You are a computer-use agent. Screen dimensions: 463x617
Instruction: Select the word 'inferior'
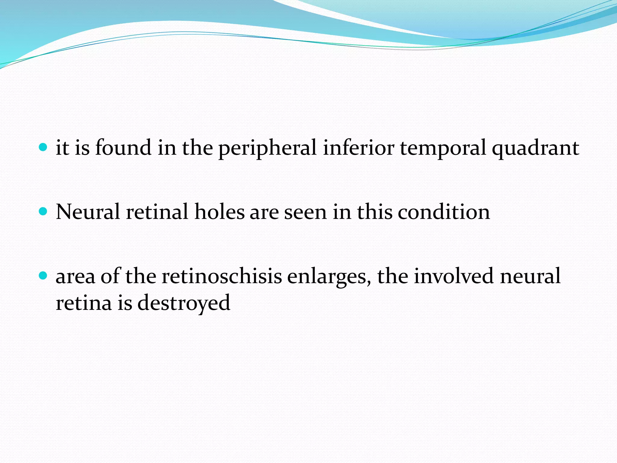[x=359, y=148]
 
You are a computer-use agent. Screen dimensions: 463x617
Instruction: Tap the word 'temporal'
[x=443, y=148]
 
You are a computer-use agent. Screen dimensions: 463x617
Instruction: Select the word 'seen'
[x=305, y=212]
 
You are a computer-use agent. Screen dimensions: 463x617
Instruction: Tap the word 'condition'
[x=444, y=212]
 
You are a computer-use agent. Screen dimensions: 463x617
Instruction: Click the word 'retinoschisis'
[x=222, y=276]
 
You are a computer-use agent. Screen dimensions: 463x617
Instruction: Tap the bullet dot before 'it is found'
[x=43, y=147]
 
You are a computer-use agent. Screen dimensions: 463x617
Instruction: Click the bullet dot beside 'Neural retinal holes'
[x=43, y=211]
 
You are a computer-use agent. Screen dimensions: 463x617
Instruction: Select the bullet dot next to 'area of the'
[x=43, y=276]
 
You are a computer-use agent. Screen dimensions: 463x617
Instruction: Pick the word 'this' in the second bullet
[x=375, y=212]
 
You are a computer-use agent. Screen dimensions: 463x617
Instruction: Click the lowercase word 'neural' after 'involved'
[x=530, y=276]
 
